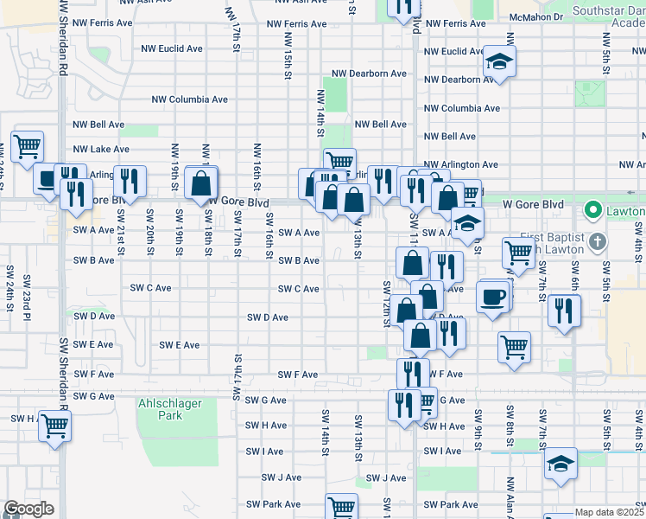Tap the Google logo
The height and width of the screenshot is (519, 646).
pos(28,509)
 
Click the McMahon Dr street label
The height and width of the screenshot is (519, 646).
pos(560,16)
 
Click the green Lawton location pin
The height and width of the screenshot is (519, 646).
pos(592,210)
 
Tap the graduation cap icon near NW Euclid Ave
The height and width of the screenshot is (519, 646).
pos(499,61)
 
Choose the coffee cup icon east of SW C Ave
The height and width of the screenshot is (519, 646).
pos(492,297)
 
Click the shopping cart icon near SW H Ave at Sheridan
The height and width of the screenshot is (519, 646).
pos(54,425)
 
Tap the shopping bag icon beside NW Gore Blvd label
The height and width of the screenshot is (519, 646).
pos(200,183)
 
